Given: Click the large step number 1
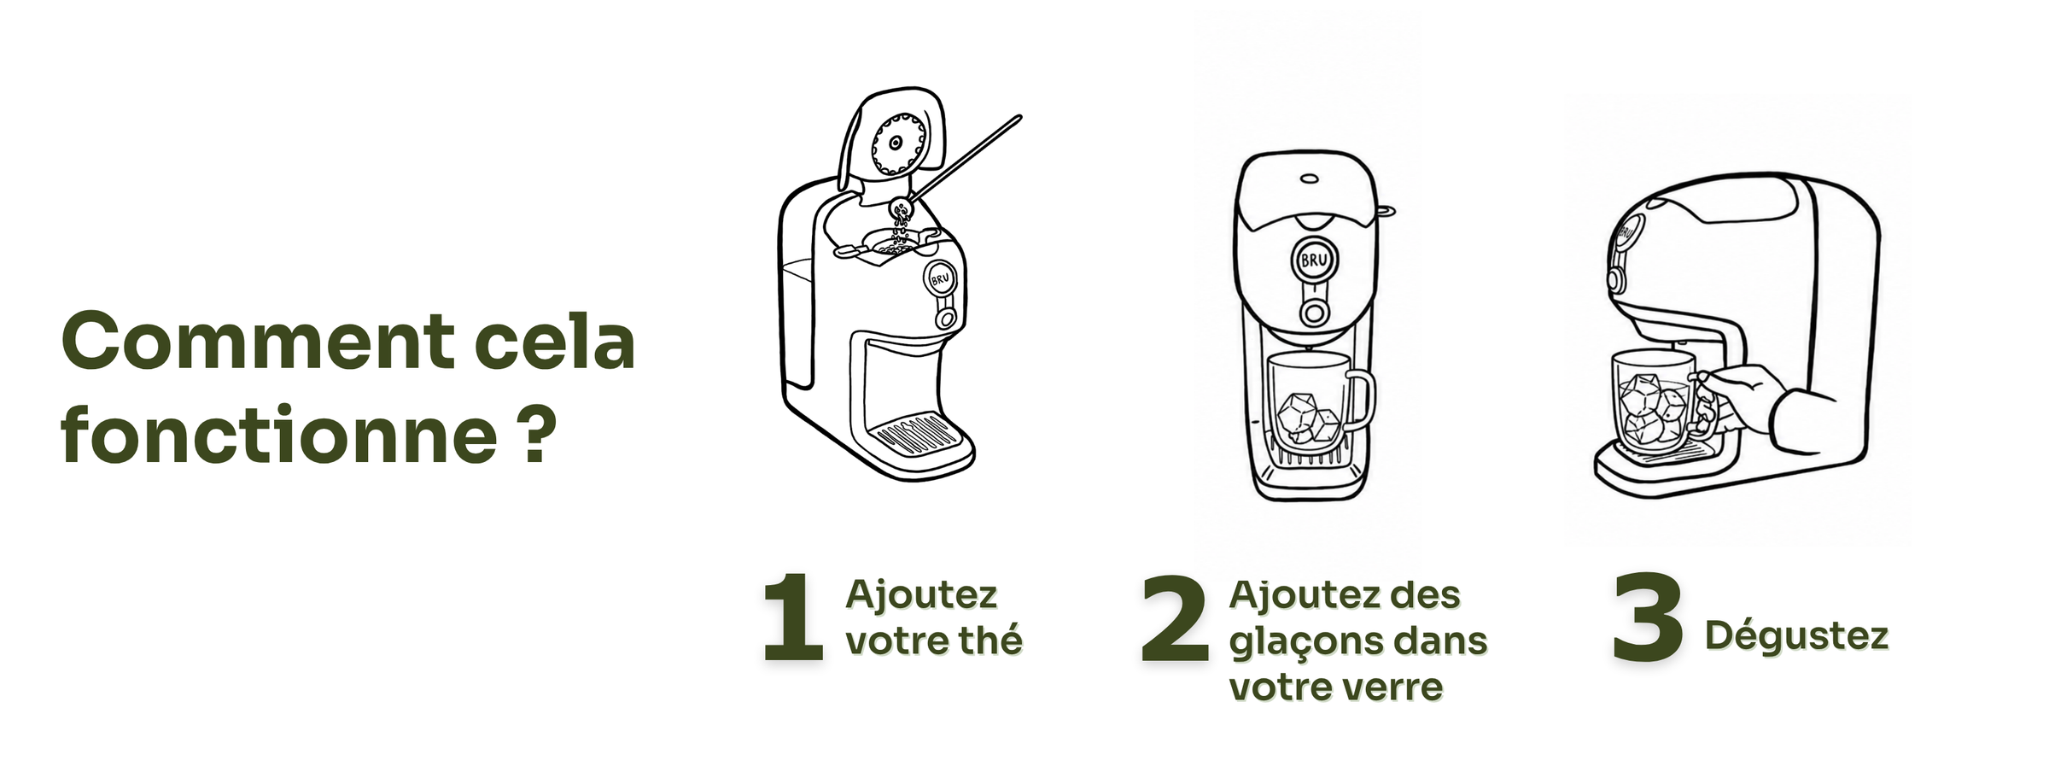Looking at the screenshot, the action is click(x=793, y=617).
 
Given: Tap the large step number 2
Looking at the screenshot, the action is click(x=1176, y=617).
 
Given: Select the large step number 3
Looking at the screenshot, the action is click(x=1648, y=617).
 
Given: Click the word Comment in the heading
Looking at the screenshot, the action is click(x=258, y=341).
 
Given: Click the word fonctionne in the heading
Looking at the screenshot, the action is click(x=278, y=435).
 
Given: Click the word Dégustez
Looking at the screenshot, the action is click(x=1796, y=636).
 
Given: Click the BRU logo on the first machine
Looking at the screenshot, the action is click(x=940, y=278).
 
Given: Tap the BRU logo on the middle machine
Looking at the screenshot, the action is click(x=1314, y=260).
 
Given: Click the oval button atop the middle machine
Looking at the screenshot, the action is click(x=1310, y=178).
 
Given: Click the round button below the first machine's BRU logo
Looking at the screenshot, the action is click(x=945, y=319).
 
